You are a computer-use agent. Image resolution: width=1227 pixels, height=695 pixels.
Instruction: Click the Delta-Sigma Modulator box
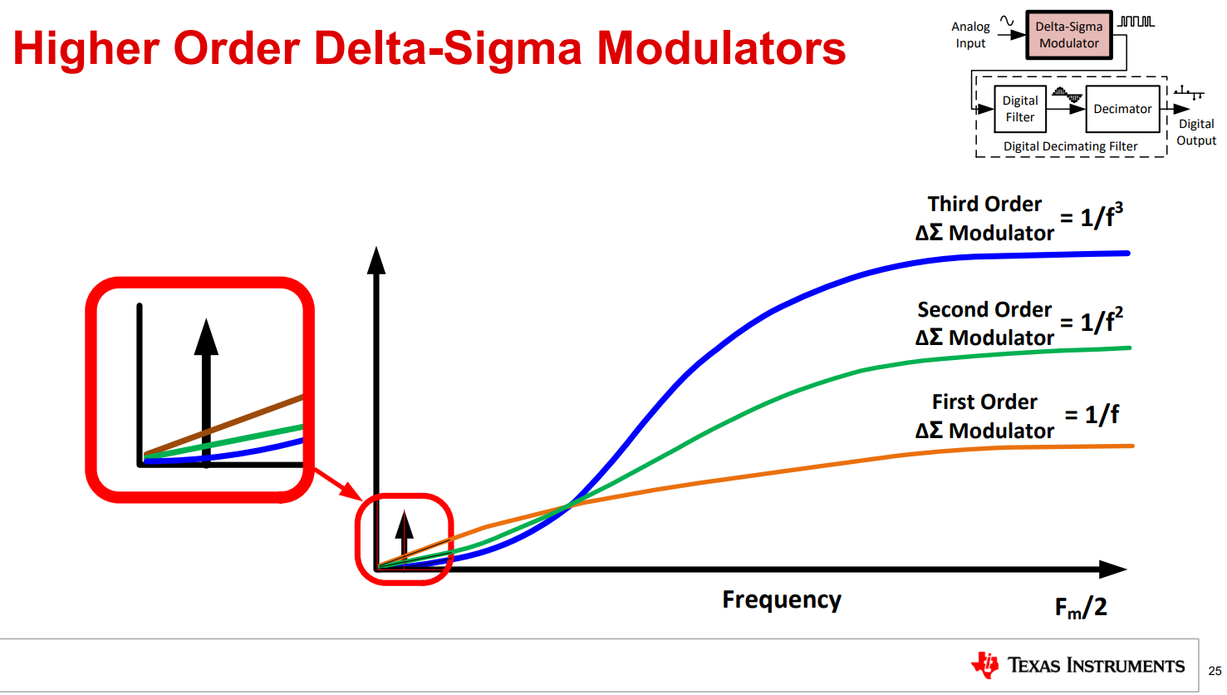tap(1068, 35)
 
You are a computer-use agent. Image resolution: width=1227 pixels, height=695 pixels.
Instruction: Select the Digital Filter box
tap(1019, 109)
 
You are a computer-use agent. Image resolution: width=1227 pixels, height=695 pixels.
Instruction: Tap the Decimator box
tap(1122, 109)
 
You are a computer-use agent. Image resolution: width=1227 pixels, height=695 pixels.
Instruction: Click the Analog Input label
tap(970, 35)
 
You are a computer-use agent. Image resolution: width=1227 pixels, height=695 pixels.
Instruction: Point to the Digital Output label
tap(1196, 132)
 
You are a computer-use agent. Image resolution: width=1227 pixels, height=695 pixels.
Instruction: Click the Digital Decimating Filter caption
tap(1070, 146)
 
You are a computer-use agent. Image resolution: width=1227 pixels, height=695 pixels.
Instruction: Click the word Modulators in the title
tap(721, 48)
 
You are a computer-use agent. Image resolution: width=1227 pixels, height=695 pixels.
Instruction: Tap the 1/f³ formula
tap(1101, 216)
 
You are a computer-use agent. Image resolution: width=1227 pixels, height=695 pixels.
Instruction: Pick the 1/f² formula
tap(1101, 321)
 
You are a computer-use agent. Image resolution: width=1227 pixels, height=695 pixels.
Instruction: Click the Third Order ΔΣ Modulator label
tap(984, 219)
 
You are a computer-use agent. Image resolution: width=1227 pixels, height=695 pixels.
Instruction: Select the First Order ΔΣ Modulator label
tap(984, 417)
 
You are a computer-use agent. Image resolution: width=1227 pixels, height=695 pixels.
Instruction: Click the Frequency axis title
tap(781, 599)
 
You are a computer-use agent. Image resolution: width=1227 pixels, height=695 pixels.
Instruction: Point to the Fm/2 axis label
tap(1081, 608)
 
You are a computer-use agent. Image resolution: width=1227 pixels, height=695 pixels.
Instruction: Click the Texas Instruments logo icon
tap(986, 665)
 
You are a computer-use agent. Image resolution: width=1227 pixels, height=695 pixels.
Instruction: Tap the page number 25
tap(1215, 671)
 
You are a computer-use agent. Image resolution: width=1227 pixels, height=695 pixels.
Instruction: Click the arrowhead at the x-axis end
tap(1113, 569)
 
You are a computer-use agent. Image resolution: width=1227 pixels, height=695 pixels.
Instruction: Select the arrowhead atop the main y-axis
tap(376, 260)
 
